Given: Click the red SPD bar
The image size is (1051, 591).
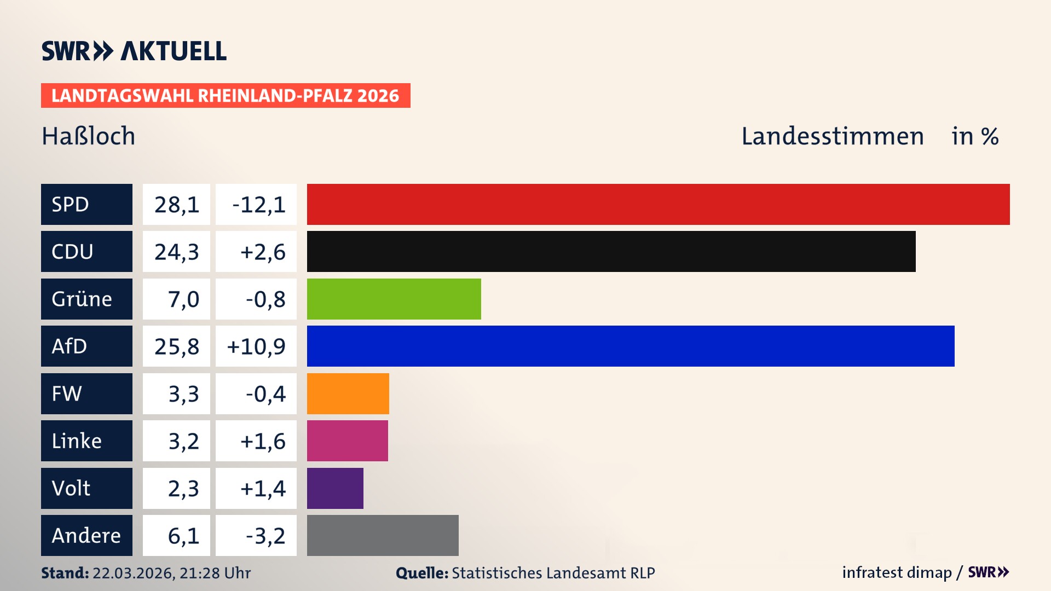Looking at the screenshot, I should (x=658, y=204).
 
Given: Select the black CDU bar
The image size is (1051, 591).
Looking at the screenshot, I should (x=611, y=252).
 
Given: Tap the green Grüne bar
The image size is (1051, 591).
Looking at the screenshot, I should (x=394, y=299).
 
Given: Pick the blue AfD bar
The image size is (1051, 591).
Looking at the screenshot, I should (x=631, y=346).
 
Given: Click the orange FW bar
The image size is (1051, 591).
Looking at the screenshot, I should (x=348, y=393).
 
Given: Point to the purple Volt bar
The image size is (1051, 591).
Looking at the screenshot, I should (x=335, y=488).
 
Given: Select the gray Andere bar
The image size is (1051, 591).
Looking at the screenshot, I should (x=383, y=535).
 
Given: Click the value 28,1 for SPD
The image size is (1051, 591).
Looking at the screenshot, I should (x=176, y=205).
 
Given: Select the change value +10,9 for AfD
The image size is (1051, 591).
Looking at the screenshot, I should (x=256, y=346).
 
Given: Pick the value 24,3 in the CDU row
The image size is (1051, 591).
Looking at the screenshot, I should (x=176, y=252).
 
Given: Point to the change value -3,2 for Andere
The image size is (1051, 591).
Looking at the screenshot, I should (x=265, y=536).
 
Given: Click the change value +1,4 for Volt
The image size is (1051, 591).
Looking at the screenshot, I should (x=263, y=488).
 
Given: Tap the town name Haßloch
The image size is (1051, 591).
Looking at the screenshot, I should (x=88, y=136).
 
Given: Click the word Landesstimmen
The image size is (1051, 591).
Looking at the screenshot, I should (x=832, y=136).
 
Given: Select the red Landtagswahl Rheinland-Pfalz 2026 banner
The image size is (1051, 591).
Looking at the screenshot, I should (x=226, y=96).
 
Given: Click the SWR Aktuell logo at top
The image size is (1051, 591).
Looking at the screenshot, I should (x=134, y=51).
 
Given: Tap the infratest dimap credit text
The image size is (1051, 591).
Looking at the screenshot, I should (x=896, y=572).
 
